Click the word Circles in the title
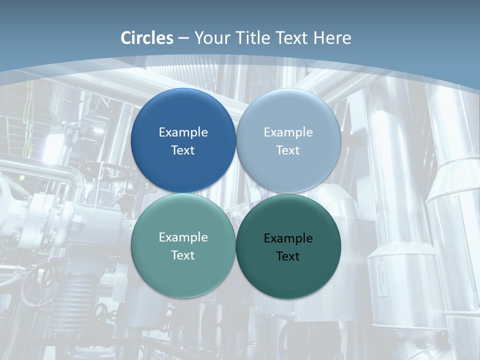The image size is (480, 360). [x=147, y=38]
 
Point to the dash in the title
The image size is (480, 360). [x=183, y=38]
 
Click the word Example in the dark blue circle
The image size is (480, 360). [x=183, y=132]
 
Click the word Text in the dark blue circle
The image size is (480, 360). [x=183, y=150]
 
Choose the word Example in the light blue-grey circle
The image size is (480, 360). [x=288, y=132]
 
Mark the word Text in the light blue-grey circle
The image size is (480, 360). [x=288, y=150]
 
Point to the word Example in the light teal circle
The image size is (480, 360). [x=183, y=237]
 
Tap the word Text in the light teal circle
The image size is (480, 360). [x=183, y=255]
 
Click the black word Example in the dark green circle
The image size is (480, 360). [x=288, y=238]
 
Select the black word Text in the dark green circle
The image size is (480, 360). [x=288, y=256]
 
